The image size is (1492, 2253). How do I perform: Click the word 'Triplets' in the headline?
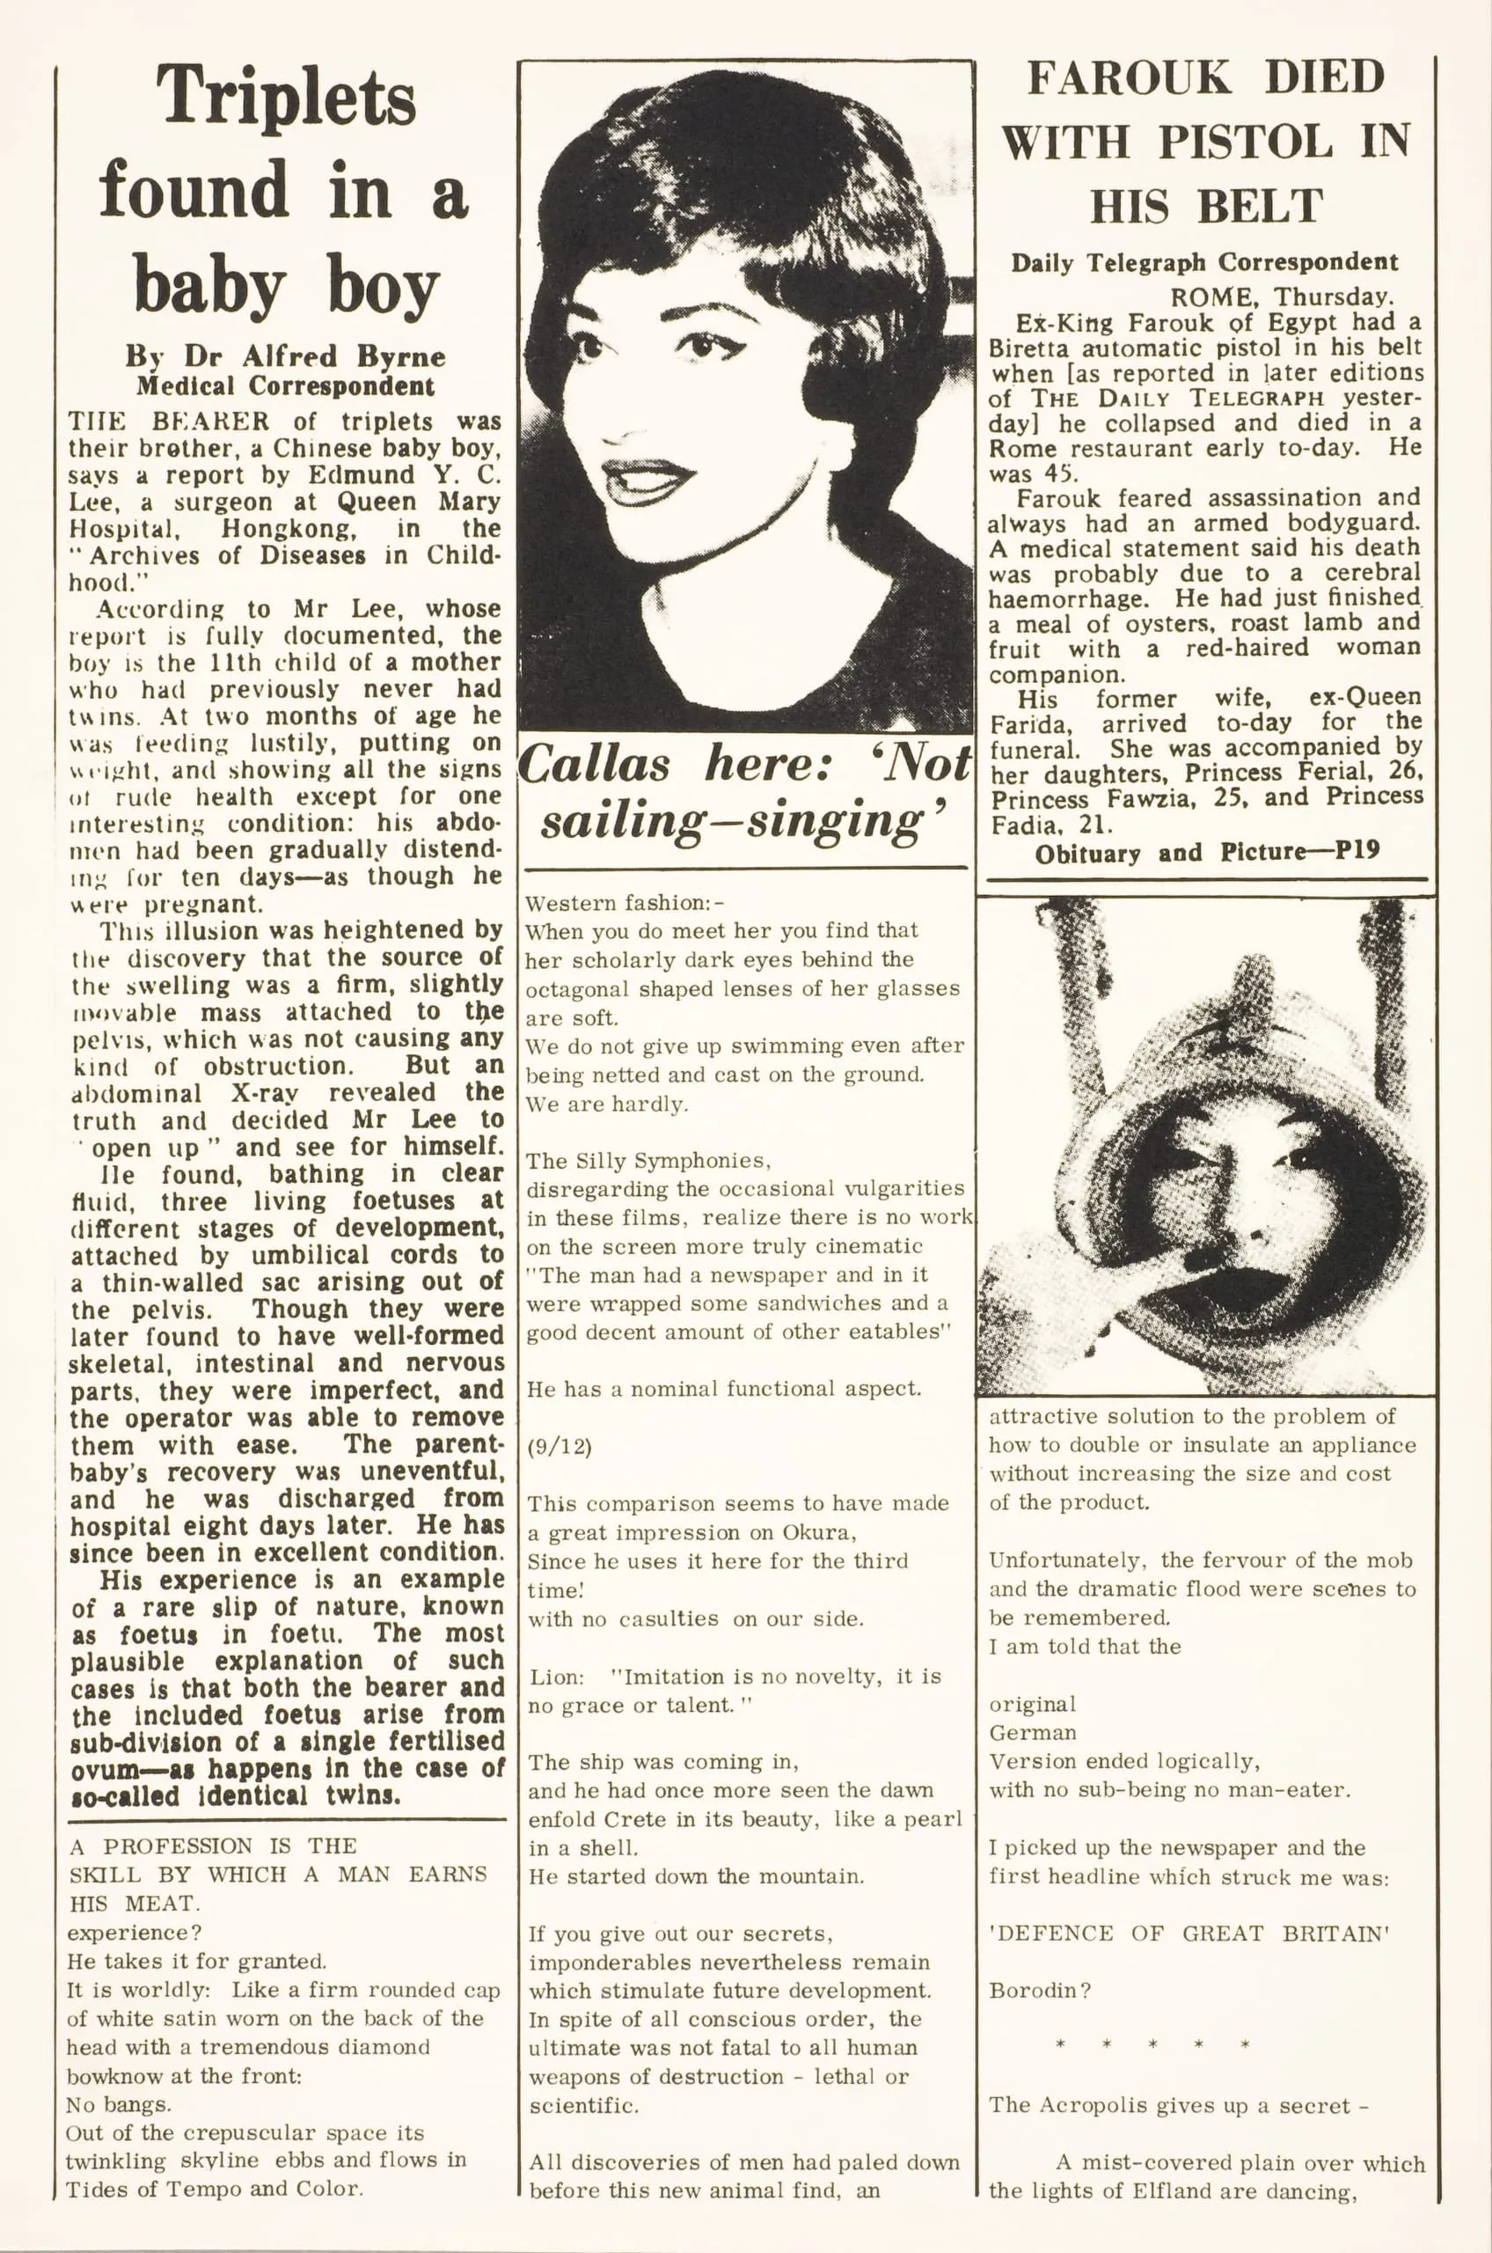pos(287,97)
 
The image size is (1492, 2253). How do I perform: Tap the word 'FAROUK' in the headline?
pos(1130,78)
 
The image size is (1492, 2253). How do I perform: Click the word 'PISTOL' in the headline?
pos(1245,143)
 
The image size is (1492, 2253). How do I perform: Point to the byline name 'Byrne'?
pos(401,357)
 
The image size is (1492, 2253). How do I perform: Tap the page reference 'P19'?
pos(1357,851)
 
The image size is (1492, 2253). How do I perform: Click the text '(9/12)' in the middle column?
pos(559,1447)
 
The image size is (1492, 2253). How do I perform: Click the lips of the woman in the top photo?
pos(649,479)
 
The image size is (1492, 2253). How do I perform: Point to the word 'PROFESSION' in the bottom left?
pos(178,1846)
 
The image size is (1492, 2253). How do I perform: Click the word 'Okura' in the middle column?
pos(817,1532)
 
